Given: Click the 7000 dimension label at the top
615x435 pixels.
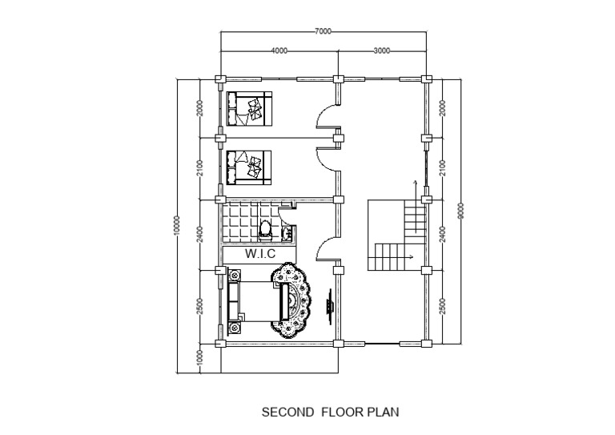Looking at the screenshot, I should point(323,31).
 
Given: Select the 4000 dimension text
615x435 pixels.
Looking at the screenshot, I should point(279,50).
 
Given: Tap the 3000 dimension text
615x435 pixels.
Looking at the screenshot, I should point(382,50).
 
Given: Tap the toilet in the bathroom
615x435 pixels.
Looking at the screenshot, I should point(266,231).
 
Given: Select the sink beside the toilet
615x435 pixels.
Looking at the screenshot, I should point(286,233).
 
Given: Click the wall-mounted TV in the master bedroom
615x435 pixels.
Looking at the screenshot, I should point(329,306).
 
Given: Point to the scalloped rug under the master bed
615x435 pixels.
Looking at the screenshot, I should point(291,301).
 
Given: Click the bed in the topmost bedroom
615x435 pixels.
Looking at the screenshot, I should point(248,109).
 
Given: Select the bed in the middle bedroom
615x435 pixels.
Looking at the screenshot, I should point(248,167).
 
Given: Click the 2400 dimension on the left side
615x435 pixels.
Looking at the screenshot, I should point(199,233).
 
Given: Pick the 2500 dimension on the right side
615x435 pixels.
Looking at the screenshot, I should point(442,306).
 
